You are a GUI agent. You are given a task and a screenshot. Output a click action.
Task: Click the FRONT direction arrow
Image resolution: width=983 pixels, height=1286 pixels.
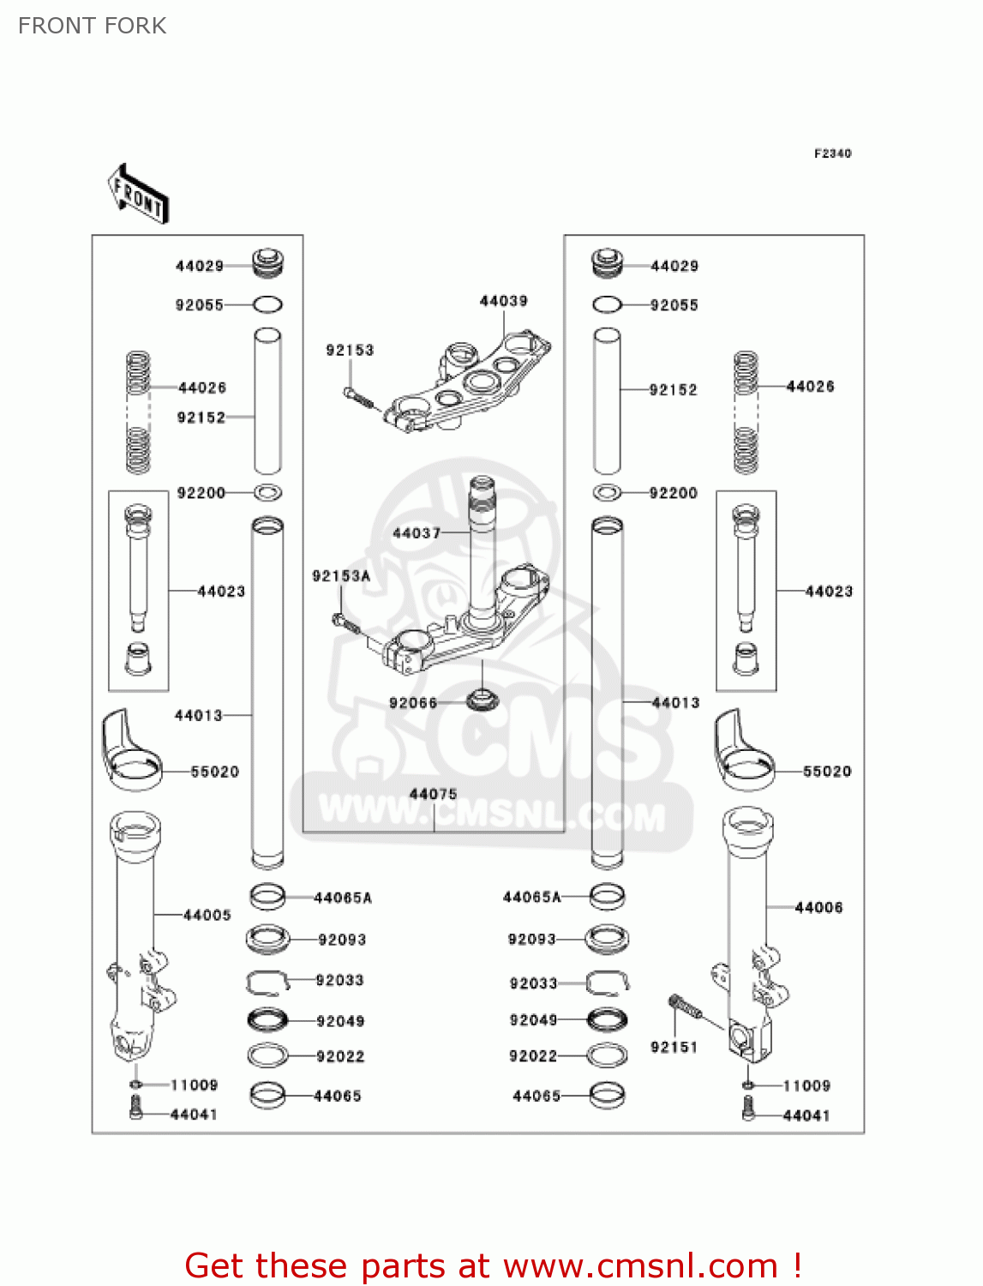pos(137,194)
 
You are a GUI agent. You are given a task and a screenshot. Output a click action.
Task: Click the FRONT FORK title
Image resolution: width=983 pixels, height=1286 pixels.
pos(92,26)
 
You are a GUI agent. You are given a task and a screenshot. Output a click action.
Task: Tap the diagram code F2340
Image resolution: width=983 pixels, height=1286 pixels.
pos(832,153)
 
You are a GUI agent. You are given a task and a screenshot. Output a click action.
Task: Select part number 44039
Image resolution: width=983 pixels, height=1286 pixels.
pos(503,301)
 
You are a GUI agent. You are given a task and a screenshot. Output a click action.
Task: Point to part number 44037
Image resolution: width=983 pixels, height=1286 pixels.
pos(416,533)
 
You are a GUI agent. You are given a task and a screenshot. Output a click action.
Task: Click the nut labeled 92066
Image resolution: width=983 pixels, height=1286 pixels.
pos(483,700)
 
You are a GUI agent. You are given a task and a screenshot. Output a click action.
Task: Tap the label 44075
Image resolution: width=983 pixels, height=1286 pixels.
pos(433,794)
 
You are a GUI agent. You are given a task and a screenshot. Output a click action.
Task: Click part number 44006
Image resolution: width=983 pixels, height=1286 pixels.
pos(818,907)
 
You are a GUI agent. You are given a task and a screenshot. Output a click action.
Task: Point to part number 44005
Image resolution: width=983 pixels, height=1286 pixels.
pos(207,915)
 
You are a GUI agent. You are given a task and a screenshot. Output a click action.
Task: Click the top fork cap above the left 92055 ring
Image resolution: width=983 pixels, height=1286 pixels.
pos(267,262)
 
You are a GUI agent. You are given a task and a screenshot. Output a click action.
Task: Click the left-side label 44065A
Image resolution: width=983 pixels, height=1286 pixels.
pos(343,898)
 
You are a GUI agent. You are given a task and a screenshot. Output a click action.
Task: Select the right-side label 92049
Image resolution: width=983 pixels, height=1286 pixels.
pos(533,1019)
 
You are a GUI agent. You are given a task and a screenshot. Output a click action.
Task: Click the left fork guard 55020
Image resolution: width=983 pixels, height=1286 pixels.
pos(130,750)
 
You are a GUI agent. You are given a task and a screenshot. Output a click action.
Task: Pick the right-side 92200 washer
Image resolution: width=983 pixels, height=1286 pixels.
pos(608,493)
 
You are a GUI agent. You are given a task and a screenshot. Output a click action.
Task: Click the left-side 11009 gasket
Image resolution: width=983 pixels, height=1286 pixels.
pos(135,1085)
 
